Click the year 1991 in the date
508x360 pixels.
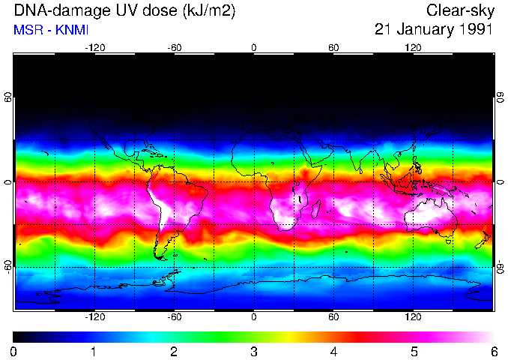(474, 30)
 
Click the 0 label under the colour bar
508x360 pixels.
(14, 351)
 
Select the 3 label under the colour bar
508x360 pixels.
(253, 351)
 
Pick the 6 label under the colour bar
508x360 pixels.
(493, 351)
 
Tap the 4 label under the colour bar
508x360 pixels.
(333, 351)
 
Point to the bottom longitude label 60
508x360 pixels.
(333, 317)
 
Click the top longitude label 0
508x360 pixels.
(253, 48)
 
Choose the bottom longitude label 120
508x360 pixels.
(413, 317)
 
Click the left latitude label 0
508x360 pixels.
(8, 182)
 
